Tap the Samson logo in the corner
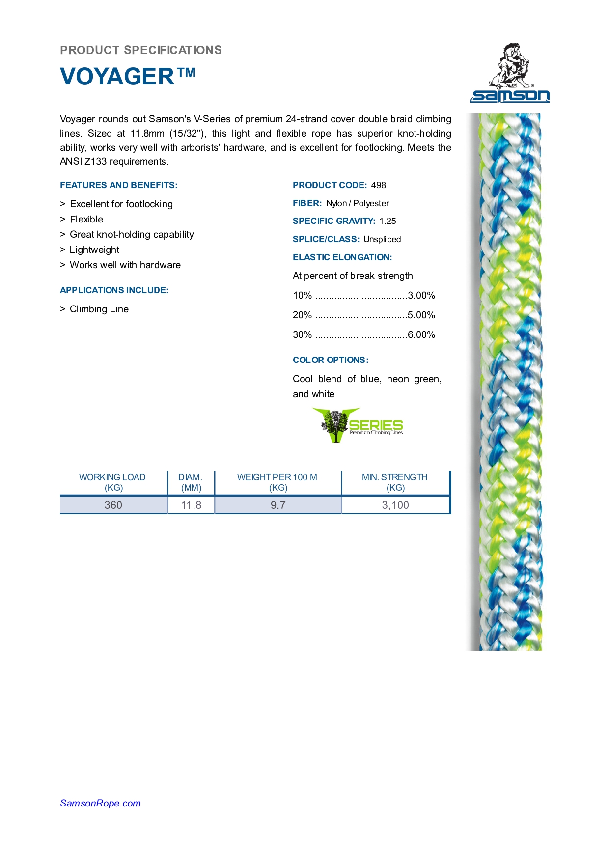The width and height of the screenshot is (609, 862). [x=510, y=73]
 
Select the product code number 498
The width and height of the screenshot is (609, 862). [x=378, y=185]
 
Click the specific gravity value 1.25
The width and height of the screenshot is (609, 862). [x=388, y=221]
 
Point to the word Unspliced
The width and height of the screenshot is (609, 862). [x=382, y=239]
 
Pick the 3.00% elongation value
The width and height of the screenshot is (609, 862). [x=421, y=295]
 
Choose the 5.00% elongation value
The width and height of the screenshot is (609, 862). [x=421, y=315]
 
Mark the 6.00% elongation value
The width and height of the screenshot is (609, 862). [x=421, y=334]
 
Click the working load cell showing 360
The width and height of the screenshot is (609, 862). [x=113, y=505]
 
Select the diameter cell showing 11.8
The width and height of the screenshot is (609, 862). [x=191, y=505]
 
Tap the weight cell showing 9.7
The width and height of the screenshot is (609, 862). [x=278, y=505]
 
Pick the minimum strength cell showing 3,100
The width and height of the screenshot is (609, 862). [x=395, y=505]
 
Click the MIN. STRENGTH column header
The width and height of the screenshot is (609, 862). [x=395, y=482]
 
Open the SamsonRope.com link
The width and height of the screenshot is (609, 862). [x=100, y=803]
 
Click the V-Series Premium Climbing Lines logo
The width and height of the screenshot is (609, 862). [x=358, y=425]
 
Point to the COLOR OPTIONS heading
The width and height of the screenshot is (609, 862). [x=331, y=360]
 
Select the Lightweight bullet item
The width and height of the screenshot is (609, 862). [x=94, y=250]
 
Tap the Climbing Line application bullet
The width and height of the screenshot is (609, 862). [x=99, y=309]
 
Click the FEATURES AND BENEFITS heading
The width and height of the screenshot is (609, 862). [x=119, y=185]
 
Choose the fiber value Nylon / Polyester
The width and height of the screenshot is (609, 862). [x=357, y=203]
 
